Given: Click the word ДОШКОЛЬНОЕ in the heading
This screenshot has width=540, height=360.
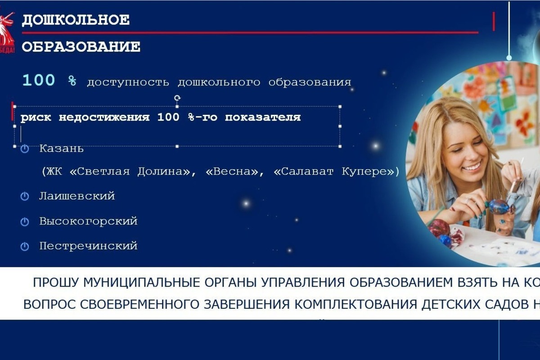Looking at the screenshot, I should coord(76,20).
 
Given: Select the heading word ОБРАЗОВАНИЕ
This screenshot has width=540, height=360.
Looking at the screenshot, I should coord(81,47).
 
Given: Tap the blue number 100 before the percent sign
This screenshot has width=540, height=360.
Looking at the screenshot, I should coord(39,81).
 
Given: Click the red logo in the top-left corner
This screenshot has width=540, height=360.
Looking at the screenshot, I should coord(8,27).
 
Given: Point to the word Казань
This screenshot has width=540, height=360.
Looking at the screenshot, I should coord(61,148).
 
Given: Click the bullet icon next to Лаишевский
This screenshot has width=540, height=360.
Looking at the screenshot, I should coord(25,197).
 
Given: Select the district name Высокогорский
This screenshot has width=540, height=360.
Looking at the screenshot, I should coord(88,221).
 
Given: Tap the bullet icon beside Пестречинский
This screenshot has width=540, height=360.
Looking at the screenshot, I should coord(25,247).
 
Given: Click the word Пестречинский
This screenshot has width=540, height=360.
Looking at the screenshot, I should coord(88,246).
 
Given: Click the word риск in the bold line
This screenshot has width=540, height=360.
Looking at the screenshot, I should coord(36,118).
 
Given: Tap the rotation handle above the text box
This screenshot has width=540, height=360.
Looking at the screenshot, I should coord(177,97).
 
